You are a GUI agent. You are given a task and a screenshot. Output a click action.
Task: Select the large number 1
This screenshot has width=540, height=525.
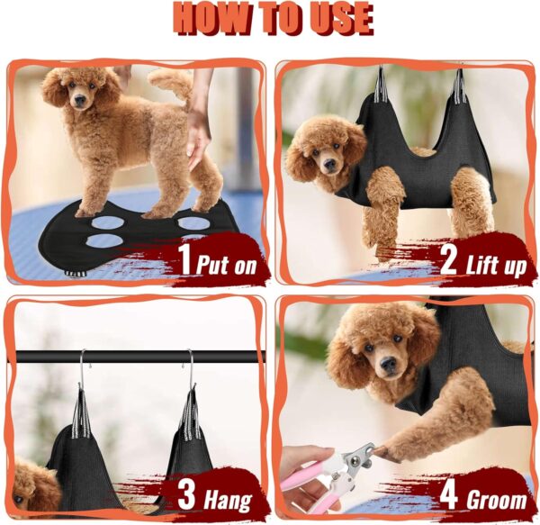[x=185, y=261]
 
